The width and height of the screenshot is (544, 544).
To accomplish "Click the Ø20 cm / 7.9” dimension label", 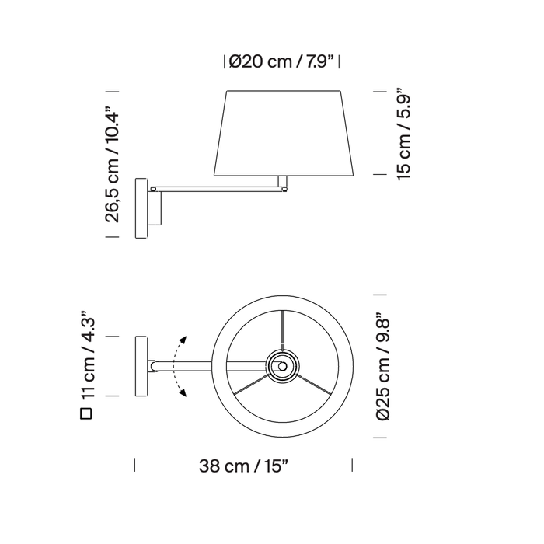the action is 281,62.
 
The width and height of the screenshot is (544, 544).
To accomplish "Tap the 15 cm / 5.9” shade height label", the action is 403,134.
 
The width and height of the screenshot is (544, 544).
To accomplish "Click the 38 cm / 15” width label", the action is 243,466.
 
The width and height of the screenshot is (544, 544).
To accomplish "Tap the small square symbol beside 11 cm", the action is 86,413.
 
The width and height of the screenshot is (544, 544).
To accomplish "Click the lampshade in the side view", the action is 284,133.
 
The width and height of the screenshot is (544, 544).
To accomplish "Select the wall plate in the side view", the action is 141,208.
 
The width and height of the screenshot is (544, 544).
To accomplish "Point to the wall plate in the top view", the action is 141,366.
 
